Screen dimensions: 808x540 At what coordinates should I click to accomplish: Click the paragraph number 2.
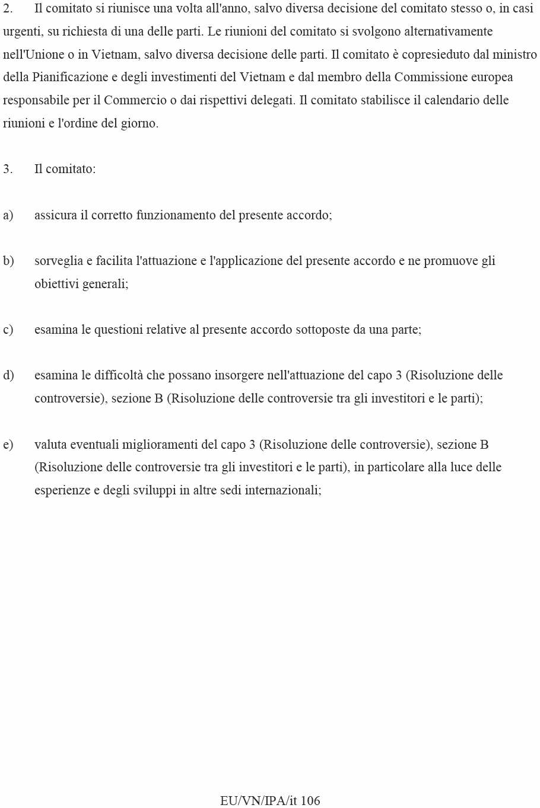coord(8,9)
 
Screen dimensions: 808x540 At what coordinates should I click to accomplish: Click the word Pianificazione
coord(70,78)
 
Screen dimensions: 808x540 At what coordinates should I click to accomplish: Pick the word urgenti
coord(21,32)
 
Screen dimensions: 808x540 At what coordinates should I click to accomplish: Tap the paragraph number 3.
coord(8,170)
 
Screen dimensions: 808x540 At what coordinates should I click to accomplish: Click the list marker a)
coord(8,215)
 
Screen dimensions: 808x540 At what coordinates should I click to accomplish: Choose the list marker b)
coord(8,261)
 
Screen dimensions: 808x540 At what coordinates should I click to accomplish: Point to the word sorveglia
coord(59,261)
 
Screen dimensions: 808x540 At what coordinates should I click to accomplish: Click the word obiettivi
coord(57,284)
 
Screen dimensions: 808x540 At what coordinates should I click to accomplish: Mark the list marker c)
coord(8,330)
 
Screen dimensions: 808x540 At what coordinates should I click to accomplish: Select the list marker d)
coord(8,375)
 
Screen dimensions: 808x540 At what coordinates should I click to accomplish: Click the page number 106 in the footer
coord(310,801)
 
